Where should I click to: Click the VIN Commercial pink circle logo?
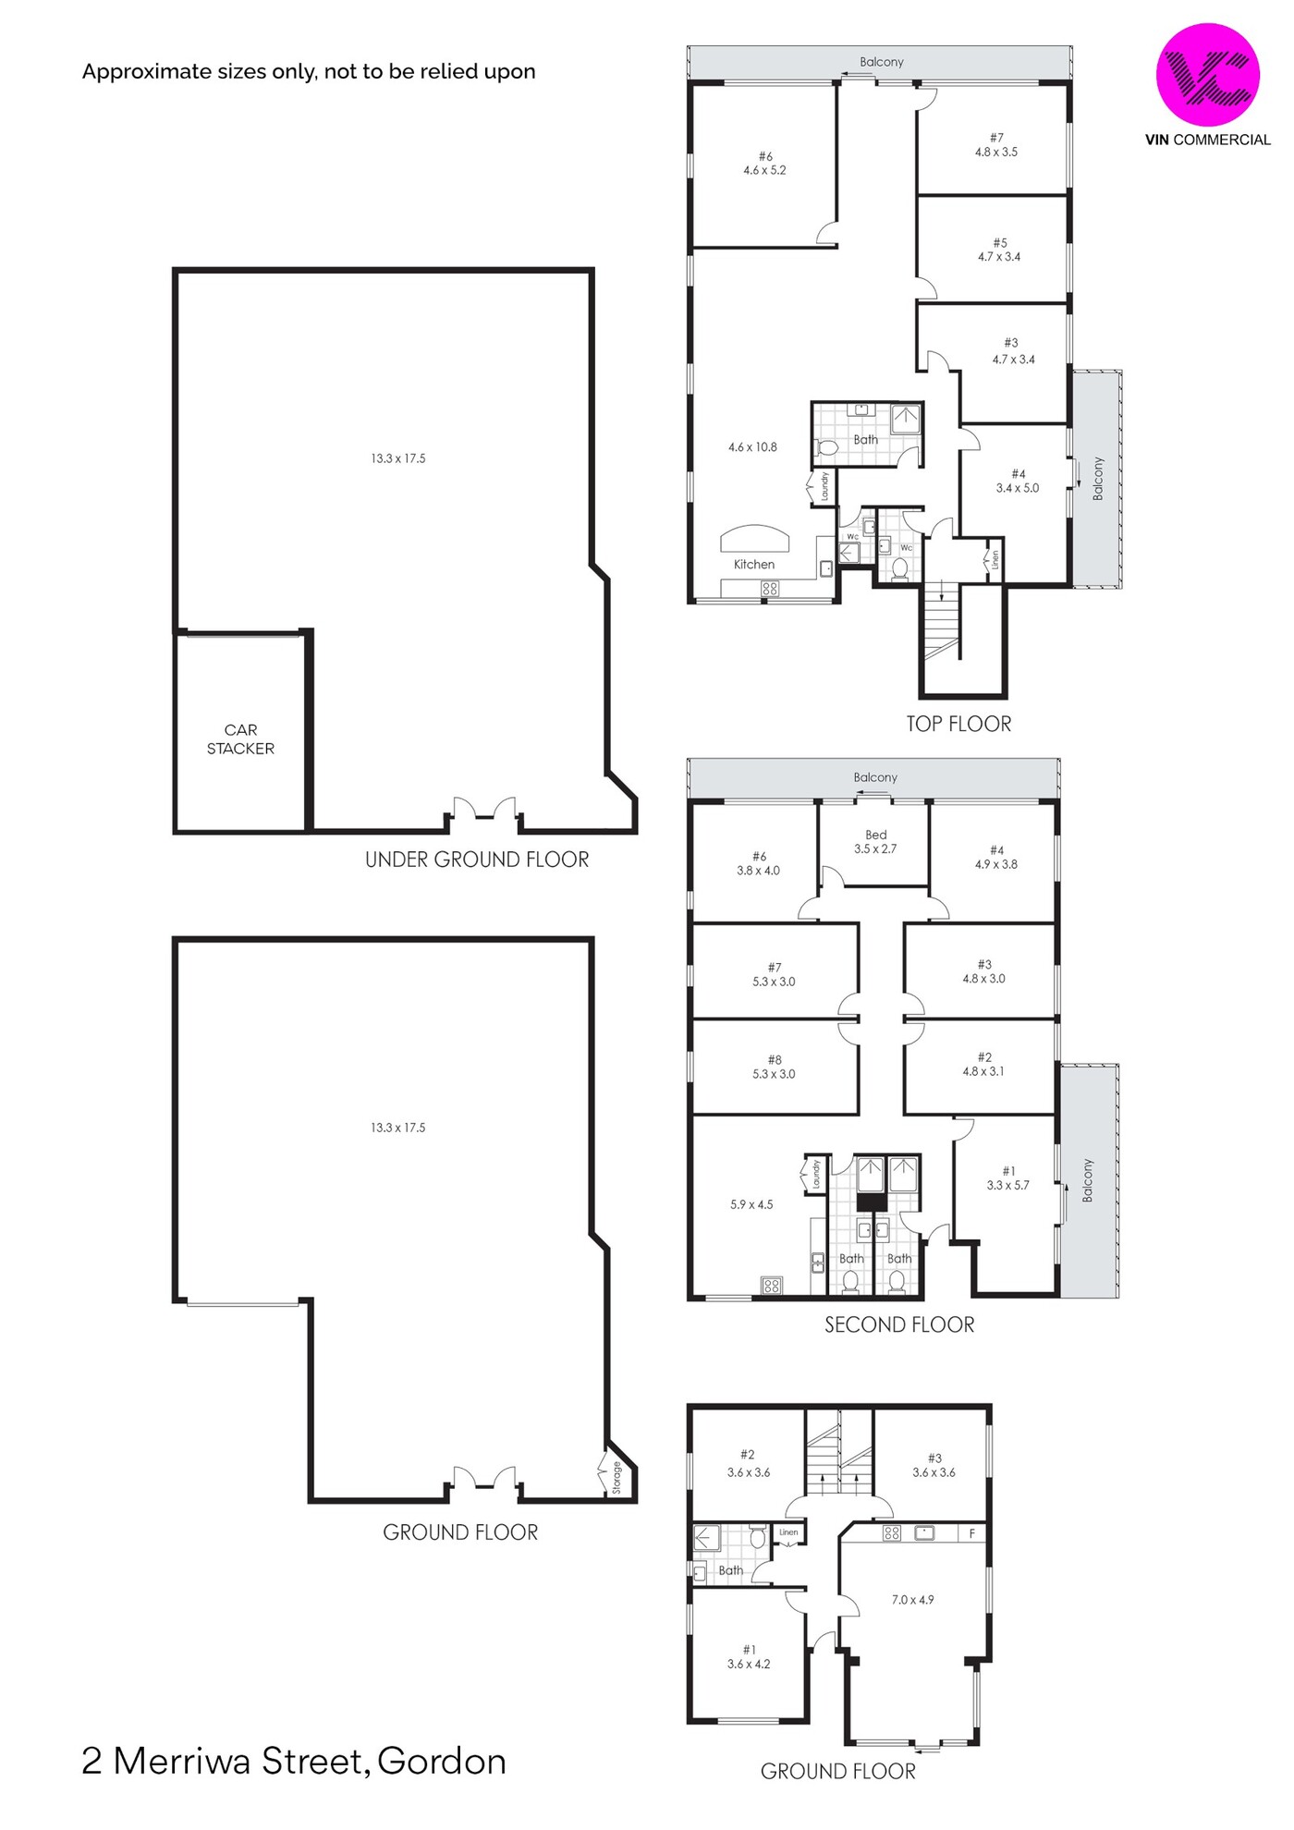(x=1207, y=75)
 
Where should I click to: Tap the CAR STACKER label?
(x=240, y=739)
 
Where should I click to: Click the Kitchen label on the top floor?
(x=754, y=564)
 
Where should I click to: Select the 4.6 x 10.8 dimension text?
(x=752, y=447)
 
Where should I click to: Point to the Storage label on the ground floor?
(x=616, y=1477)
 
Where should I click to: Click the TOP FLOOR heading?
(x=958, y=724)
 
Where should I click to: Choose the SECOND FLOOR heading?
(x=899, y=1324)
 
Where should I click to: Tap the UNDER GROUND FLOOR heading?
(x=477, y=860)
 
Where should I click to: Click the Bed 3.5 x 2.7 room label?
(x=875, y=842)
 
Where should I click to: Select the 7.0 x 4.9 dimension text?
(x=912, y=1600)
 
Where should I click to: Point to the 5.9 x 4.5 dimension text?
(x=751, y=1204)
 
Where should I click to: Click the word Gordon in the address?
(x=442, y=1762)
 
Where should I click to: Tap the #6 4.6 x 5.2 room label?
(x=764, y=164)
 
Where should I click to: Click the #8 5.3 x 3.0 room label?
(x=774, y=1067)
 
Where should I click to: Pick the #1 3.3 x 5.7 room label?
(x=1007, y=1178)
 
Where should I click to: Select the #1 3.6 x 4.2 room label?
(x=749, y=1657)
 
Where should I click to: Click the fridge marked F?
(x=971, y=1533)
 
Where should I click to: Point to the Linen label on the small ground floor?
(x=788, y=1532)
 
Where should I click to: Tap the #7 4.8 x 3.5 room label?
(x=996, y=145)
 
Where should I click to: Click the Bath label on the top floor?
(x=866, y=440)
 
